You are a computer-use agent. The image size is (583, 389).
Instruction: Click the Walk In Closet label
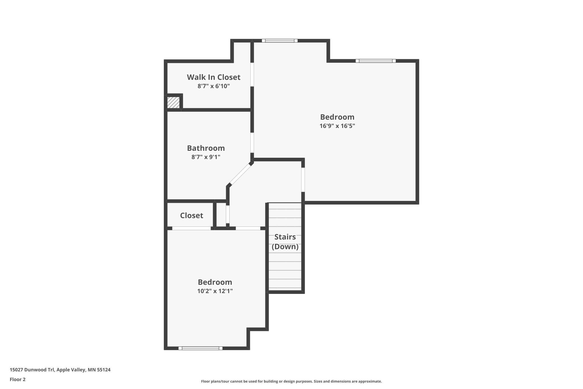point(214,77)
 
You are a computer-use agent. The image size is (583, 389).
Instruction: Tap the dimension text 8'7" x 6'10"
point(214,86)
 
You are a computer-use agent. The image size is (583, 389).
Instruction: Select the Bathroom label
point(206,148)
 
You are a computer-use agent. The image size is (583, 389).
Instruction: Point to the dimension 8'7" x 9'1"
point(206,157)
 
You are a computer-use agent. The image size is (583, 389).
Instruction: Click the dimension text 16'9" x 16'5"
point(337,126)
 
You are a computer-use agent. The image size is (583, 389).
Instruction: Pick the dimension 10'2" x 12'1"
point(215,291)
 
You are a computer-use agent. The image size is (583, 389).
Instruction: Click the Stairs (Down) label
point(285,242)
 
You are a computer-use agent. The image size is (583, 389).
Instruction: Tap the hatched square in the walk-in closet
point(173,102)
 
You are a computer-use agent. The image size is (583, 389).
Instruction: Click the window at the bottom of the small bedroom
point(200,348)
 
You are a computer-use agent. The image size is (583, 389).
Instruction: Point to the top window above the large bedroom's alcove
point(280,41)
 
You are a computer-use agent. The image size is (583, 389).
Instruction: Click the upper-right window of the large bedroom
point(376,61)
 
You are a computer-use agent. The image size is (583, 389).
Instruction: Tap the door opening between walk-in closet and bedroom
point(252,74)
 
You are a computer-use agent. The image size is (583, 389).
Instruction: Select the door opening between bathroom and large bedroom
point(252,143)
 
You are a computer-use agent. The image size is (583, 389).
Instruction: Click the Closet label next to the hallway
point(191,216)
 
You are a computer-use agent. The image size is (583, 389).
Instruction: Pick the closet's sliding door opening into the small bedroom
point(191,228)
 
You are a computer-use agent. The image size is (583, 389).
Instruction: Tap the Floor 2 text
point(18,379)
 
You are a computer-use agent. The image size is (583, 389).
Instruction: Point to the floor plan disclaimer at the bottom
point(291,381)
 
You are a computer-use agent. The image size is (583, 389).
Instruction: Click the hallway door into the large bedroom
point(303,180)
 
